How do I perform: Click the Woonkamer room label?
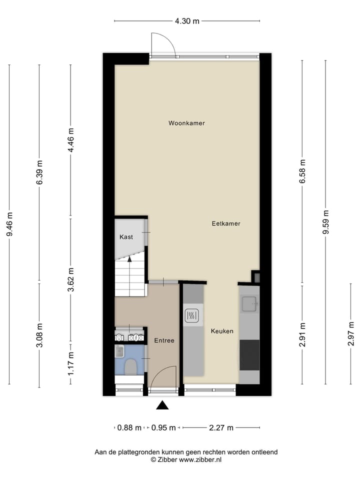[186, 123]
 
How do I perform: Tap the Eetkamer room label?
[226, 223]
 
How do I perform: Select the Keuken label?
[222, 331]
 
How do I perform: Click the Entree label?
[164, 340]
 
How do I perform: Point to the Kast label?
[126, 237]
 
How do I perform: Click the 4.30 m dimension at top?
[187, 21]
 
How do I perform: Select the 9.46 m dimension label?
[9, 225]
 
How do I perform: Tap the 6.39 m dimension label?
[39, 173]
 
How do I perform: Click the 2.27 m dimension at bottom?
[220, 427]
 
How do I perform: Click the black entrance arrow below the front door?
[162, 405]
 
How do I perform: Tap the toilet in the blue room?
[130, 366]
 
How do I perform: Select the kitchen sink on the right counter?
[248, 302]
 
